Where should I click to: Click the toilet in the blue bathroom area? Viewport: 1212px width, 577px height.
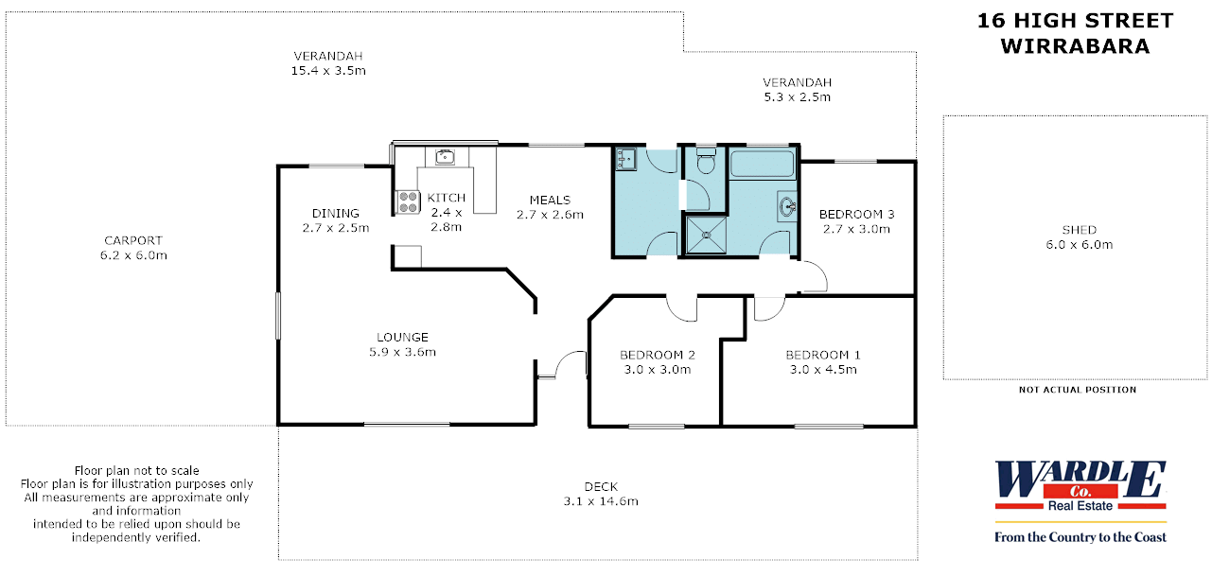(x=706, y=161)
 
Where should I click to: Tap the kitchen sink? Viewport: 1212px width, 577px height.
(x=445, y=157)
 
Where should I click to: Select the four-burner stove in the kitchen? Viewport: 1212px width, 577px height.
(x=408, y=201)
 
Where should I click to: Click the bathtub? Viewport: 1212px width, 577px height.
(x=762, y=164)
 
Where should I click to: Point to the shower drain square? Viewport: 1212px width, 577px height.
(x=706, y=235)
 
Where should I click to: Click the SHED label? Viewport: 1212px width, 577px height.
(x=1080, y=230)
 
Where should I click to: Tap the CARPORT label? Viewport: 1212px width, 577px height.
(x=133, y=240)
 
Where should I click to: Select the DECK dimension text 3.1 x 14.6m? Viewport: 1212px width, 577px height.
(x=601, y=501)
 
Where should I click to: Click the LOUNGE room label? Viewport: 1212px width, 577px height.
(x=402, y=338)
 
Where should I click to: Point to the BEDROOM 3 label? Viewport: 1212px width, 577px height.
(x=856, y=214)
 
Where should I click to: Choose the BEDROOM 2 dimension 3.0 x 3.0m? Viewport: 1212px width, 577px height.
(x=658, y=370)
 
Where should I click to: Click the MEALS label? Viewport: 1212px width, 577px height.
(x=550, y=201)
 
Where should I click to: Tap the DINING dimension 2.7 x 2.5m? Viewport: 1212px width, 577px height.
(x=336, y=228)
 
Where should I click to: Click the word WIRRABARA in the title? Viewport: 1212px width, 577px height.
(x=1075, y=46)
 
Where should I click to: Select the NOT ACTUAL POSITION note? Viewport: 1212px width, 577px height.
(x=1078, y=390)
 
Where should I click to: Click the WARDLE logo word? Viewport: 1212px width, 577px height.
(x=1080, y=479)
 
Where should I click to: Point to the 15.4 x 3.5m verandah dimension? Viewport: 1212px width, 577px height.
(x=328, y=71)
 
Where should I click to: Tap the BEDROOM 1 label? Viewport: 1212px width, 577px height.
(x=823, y=356)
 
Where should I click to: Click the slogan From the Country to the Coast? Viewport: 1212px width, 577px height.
(x=1080, y=537)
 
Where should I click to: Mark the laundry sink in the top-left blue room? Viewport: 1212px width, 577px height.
(x=626, y=160)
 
